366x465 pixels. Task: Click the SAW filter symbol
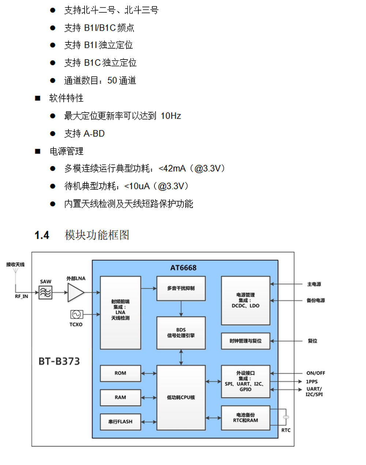pos(45,292)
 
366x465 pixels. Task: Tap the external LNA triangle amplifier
pos(75,292)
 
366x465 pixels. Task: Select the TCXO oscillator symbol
pos(76,314)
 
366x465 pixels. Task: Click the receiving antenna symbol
pos(16,272)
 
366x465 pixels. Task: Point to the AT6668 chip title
pos(183,268)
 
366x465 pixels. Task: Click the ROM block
pos(120,373)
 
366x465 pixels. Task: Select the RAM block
pos(120,397)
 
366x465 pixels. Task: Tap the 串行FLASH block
pos(120,421)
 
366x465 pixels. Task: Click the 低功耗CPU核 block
pos(181,397)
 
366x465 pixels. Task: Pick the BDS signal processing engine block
pos(181,333)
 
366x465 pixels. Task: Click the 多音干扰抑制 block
pos(181,288)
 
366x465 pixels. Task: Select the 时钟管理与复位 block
pos(246,341)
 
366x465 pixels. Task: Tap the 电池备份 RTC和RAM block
pos(246,418)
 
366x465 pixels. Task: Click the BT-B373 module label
pos(59,362)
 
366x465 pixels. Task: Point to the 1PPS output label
pos(312,382)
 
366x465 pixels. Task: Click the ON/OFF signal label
pos(315,373)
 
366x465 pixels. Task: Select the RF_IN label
pos(21,296)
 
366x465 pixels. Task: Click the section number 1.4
pos(42,235)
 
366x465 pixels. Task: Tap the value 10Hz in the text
pos(171,116)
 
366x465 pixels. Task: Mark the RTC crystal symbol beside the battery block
pos(286,417)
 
